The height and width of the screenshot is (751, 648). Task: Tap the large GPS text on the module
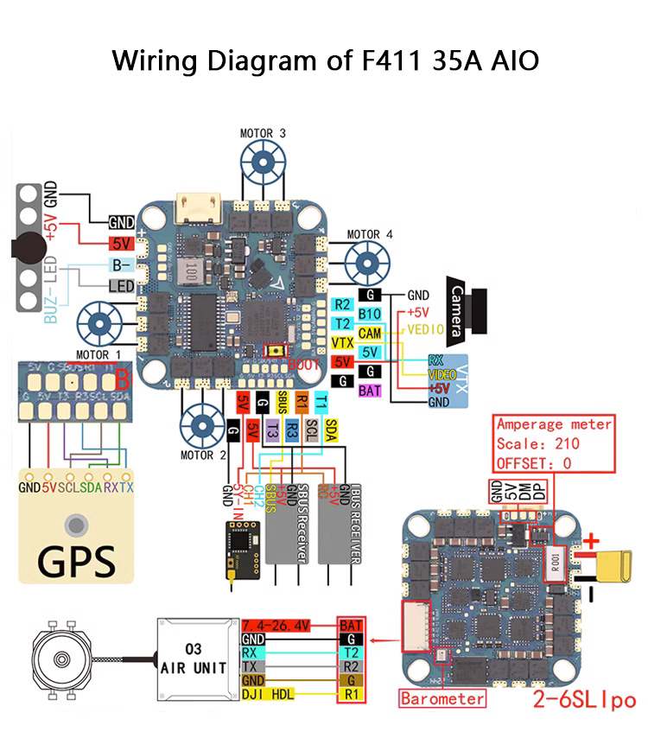coord(77,559)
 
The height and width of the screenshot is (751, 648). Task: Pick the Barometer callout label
coord(442,697)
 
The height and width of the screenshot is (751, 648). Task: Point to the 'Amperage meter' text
coord(554,424)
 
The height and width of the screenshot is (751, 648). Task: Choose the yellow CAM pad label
coord(370,333)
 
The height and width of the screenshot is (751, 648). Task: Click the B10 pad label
coord(370,314)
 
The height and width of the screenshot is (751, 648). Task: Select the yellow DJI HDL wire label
coord(270,694)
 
